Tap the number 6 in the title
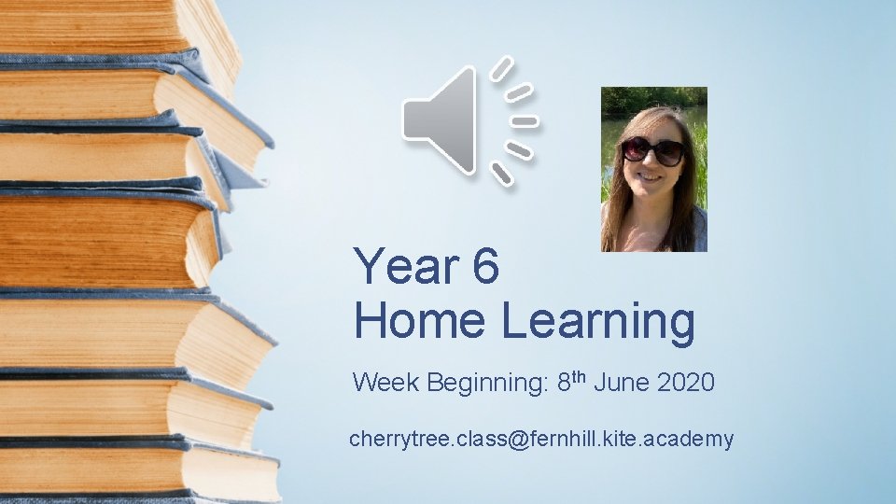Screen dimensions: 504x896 tap(486, 267)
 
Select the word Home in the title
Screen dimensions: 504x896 tap(420, 321)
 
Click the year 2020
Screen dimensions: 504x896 tap(688, 382)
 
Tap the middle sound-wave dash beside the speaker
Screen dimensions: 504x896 tap(525, 121)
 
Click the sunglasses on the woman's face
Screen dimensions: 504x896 tap(653, 150)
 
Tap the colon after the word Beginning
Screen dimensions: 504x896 tap(544, 384)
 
